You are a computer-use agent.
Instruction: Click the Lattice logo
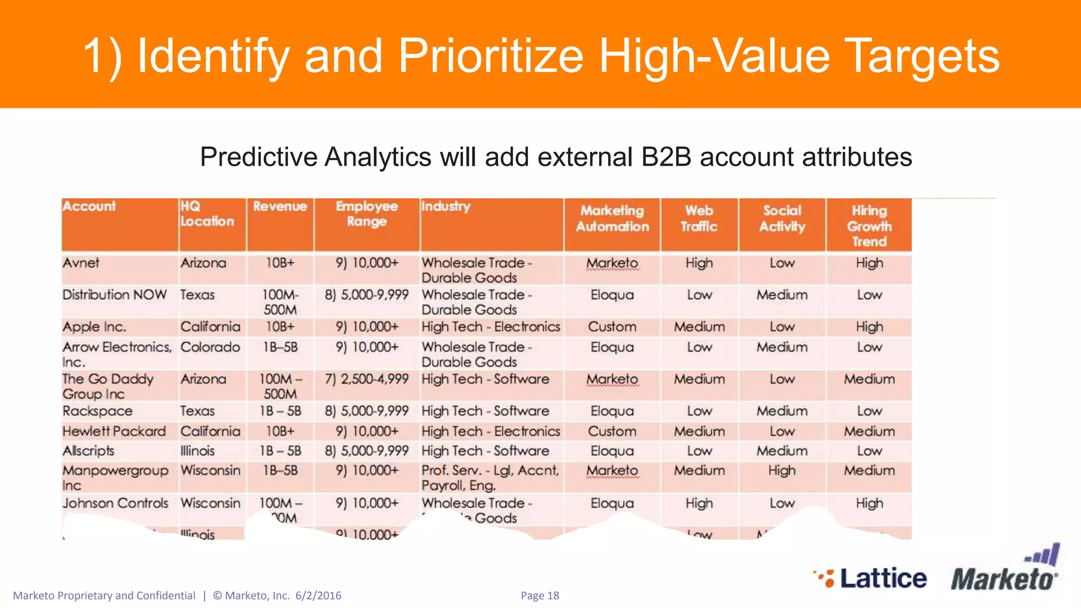[x=871, y=578]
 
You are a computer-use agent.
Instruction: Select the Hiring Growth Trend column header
[x=869, y=226]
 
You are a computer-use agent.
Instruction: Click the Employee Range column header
[x=367, y=214]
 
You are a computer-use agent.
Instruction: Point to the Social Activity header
[x=782, y=218]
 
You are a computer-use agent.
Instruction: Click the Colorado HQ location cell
[x=210, y=347]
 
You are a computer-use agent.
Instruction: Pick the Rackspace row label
[x=98, y=411]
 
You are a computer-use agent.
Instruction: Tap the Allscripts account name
[x=88, y=451]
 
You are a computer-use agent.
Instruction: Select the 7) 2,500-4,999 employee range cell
[x=367, y=379]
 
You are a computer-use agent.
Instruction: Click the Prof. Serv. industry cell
[x=490, y=478]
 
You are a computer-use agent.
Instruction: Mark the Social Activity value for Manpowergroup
[x=782, y=470]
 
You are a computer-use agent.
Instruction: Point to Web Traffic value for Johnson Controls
[x=699, y=503]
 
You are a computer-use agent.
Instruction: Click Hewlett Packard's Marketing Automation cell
[x=612, y=431]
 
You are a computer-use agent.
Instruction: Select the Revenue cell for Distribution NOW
[x=280, y=302]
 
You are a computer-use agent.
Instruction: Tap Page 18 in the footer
[x=539, y=595]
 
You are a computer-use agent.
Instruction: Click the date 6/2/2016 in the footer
[x=318, y=595]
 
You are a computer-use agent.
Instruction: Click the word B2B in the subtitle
[x=666, y=157]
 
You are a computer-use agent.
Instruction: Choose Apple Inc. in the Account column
[x=94, y=327]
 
